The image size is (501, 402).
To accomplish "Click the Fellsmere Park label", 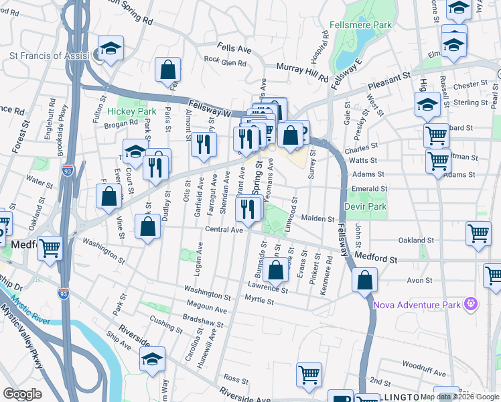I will (x=360, y=25).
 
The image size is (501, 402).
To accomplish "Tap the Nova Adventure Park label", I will (x=417, y=305).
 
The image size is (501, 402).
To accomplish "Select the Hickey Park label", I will (x=131, y=111).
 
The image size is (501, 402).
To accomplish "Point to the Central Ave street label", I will (x=224, y=229).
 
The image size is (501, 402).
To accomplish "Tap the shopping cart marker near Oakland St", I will (x=478, y=233).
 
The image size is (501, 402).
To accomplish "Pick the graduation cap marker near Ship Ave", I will (x=153, y=358).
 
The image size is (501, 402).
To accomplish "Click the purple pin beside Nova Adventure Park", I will (x=472, y=304).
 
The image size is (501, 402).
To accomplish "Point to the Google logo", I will (x=23, y=394).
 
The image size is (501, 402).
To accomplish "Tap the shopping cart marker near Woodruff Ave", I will (x=309, y=375).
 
